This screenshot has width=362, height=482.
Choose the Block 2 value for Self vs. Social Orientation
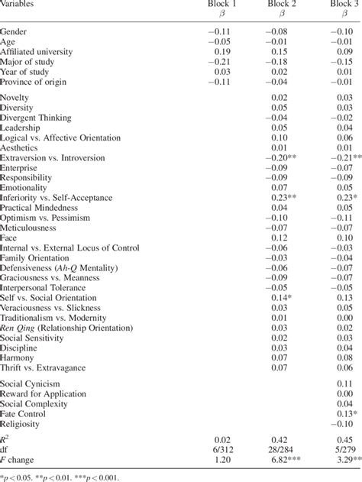(x=285, y=296)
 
